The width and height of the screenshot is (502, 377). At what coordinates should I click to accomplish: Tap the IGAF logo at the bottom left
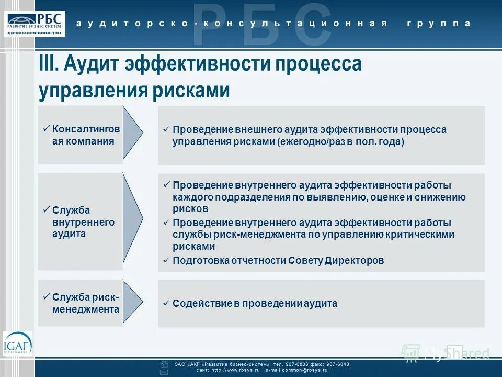click(17, 345)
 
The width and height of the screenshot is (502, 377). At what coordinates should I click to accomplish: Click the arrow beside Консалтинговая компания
click(132, 133)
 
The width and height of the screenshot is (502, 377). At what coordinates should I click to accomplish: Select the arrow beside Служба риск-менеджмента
click(132, 302)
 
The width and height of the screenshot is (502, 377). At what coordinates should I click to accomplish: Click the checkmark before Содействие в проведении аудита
click(166, 303)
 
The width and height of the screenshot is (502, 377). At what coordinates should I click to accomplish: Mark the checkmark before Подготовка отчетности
click(166, 260)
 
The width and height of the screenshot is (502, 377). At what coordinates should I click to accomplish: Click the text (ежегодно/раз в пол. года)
click(340, 142)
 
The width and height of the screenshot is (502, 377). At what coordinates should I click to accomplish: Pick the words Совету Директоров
click(351, 260)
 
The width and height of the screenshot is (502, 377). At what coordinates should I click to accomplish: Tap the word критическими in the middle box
click(423, 235)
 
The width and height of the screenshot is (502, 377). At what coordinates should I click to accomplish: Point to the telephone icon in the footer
click(164, 364)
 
